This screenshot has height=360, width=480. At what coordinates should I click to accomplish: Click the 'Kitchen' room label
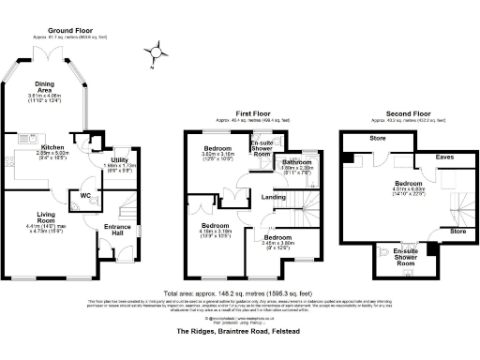(52, 147)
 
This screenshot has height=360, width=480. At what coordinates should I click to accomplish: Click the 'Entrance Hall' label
(117, 230)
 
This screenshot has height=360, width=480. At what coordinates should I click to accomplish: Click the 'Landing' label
(274, 197)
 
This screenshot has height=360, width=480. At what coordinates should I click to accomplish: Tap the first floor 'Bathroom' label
(298, 162)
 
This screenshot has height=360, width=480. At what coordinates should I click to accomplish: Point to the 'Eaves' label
(445, 157)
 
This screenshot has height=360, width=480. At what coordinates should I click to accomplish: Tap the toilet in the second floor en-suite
(385, 250)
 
